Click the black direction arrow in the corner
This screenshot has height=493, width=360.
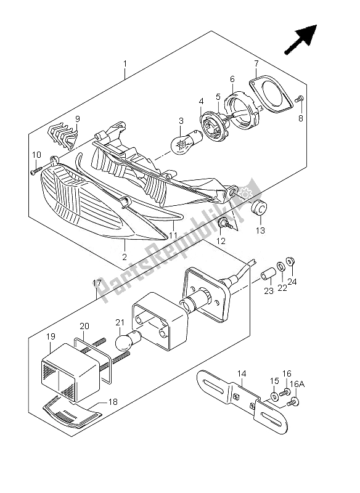pos(300,39)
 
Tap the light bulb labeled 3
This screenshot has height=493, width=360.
pos(182,143)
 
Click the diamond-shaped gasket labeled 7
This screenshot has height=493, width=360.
pos(272,94)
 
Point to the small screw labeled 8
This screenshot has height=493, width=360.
pos(299,99)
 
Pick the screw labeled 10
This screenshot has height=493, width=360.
pos(36,171)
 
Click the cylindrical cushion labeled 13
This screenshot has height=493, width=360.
pos(260,208)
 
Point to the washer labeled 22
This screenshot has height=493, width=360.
pos(280,267)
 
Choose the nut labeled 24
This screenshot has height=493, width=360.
pos(290,261)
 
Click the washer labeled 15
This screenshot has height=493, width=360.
pos(274,397)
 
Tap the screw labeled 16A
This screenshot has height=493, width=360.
pos(293,402)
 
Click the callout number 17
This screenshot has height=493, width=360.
pos(97,283)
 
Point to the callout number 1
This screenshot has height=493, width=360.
pos(125,64)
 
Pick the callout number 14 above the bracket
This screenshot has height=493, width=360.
pos(242,374)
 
